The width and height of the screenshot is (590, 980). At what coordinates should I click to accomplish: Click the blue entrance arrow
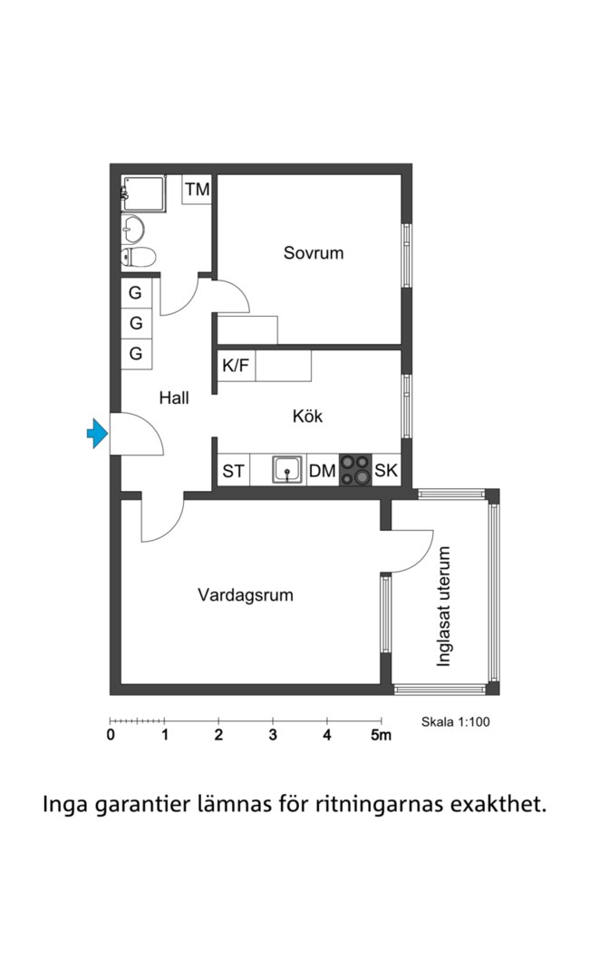(x=97, y=433)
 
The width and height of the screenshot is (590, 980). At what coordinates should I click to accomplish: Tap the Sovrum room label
(x=314, y=253)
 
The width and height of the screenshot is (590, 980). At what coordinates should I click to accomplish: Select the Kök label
(x=308, y=416)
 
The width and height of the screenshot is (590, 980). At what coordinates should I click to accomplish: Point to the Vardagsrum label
(x=246, y=595)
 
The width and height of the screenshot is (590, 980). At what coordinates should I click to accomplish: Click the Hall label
(x=174, y=398)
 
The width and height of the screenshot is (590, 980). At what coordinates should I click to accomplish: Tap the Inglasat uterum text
(x=443, y=607)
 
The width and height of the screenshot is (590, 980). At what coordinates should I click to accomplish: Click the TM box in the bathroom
(x=198, y=190)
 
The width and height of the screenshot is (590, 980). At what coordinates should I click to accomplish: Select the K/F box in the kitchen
(x=236, y=367)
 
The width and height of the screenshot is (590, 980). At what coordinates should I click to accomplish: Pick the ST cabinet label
(x=234, y=471)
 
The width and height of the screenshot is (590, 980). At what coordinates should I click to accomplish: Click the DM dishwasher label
(x=323, y=471)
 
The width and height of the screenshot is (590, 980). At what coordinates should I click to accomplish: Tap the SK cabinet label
(x=386, y=470)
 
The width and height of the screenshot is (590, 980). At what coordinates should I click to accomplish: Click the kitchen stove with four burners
(x=355, y=470)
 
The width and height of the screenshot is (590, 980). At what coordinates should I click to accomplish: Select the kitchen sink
(x=287, y=469)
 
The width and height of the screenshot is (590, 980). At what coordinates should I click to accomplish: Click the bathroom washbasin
(x=132, y=229)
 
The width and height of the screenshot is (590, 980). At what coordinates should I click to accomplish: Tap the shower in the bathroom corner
(x=144, y=194)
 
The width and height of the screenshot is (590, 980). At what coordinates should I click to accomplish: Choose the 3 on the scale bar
(x=273, y=735)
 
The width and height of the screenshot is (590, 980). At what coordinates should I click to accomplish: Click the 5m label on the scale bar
(x=381, y=735)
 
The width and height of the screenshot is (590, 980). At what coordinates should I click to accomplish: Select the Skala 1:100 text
(x=456, y=722)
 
